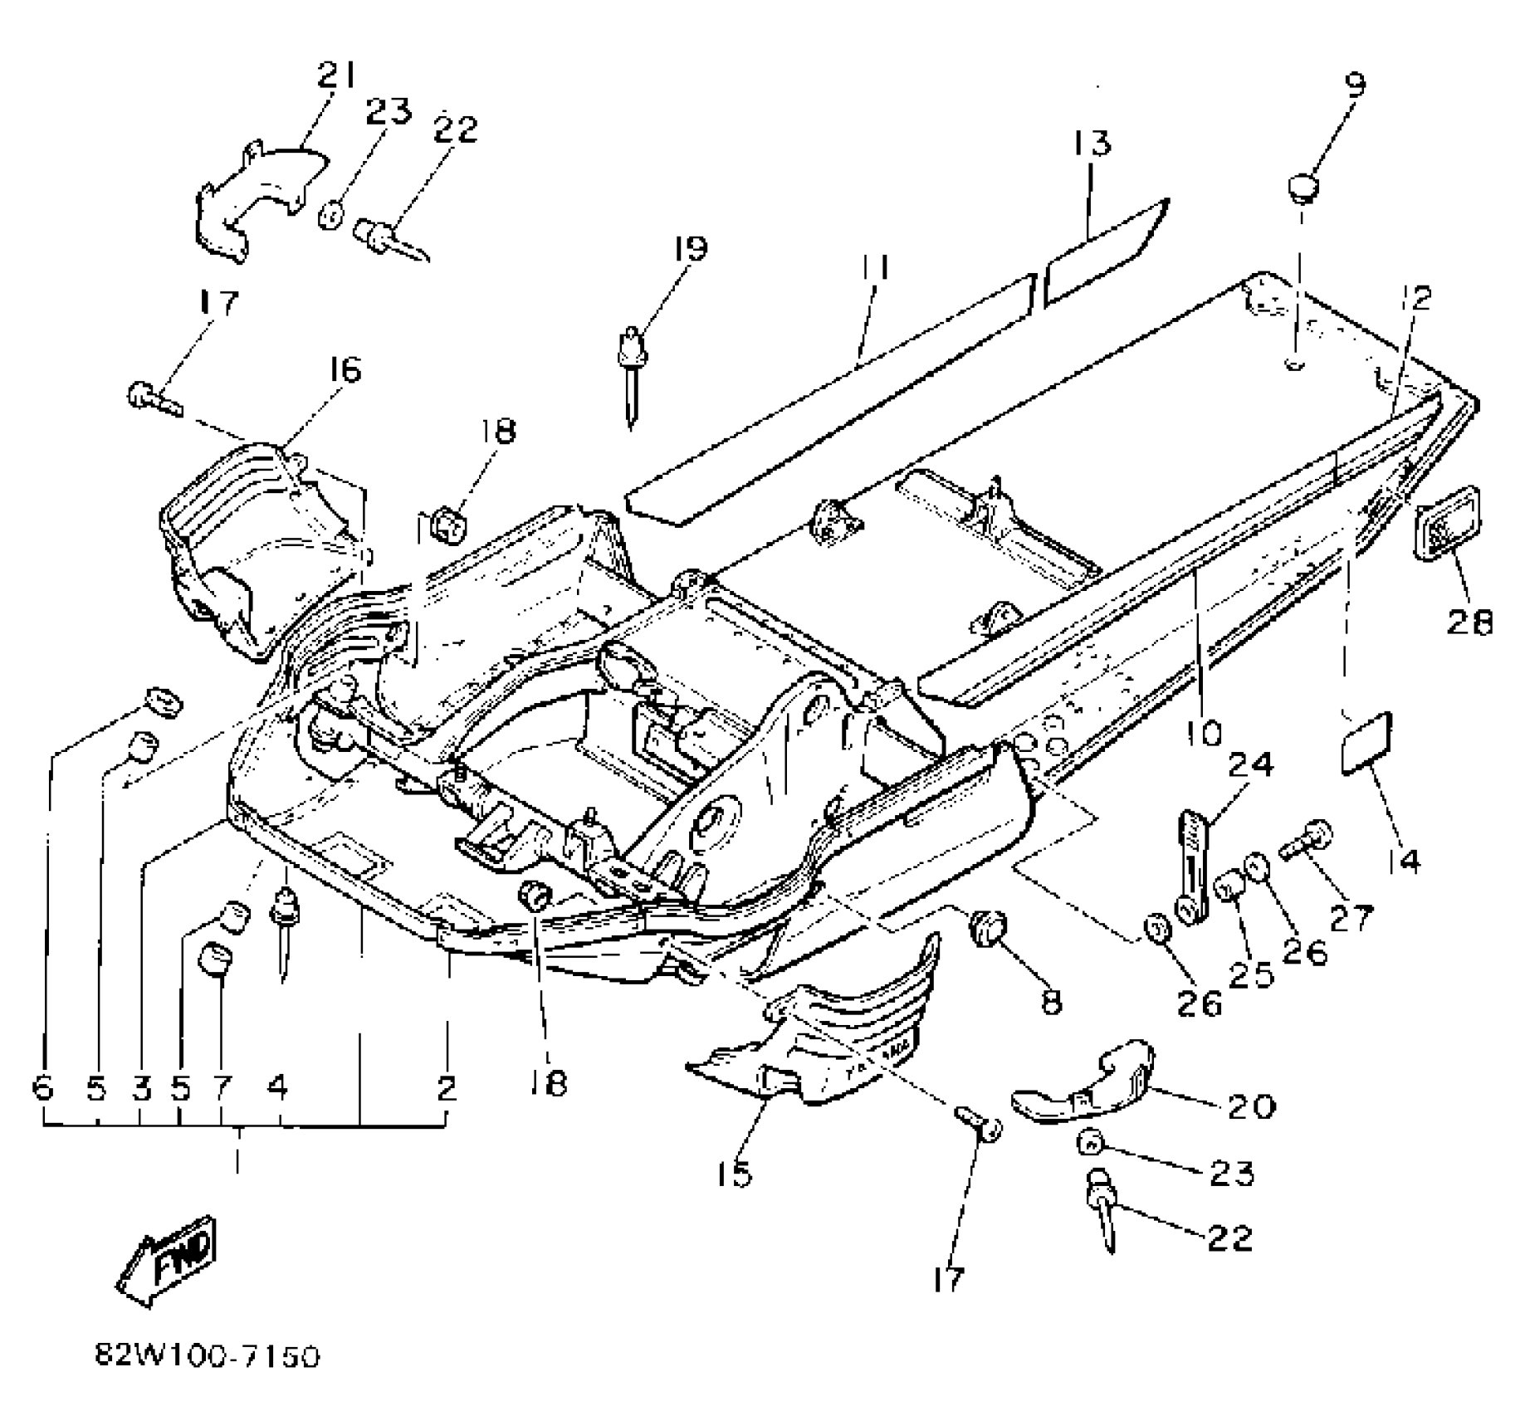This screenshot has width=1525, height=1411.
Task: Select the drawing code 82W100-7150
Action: pos(207,1357)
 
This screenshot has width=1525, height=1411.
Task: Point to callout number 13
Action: pos(1091,144)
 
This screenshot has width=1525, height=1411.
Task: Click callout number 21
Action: pos(335,76)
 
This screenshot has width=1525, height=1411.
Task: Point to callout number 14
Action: pos(1402,860)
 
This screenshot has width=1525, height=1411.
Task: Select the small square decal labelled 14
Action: pos(1366,742)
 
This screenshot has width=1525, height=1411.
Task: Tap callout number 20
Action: pos(1250,1105)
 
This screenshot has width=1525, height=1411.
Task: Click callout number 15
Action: pos(736,1173)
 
